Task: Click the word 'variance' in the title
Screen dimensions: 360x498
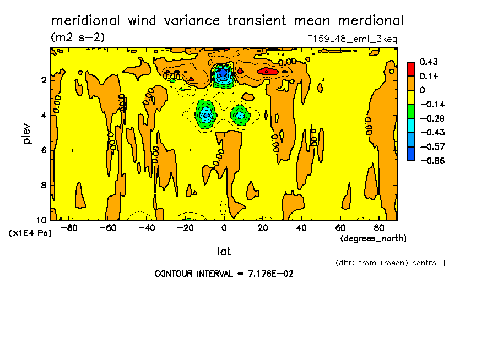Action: click(x=191, y=21)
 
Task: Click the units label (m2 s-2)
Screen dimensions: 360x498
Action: click(x=78, y=37)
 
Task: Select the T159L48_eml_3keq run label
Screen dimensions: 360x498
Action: click(x=352, y=39)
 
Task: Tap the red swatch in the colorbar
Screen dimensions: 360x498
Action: click(x=411, y=69)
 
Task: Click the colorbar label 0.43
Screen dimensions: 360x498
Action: click(x=428, y=62)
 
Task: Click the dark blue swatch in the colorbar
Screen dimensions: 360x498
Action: click(x=411, y=154)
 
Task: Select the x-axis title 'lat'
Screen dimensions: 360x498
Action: click(x=224, y=252)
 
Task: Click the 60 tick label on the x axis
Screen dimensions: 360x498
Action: click(x=340, y=228)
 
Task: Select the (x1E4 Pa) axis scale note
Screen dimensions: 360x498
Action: click(x=30, y=233)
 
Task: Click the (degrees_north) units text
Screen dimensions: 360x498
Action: click(x=373, y=238)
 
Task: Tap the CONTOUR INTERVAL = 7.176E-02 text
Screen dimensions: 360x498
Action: click(x=224, y=274)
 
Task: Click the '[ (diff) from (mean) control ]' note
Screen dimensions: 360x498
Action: click(x=386, y=263)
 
